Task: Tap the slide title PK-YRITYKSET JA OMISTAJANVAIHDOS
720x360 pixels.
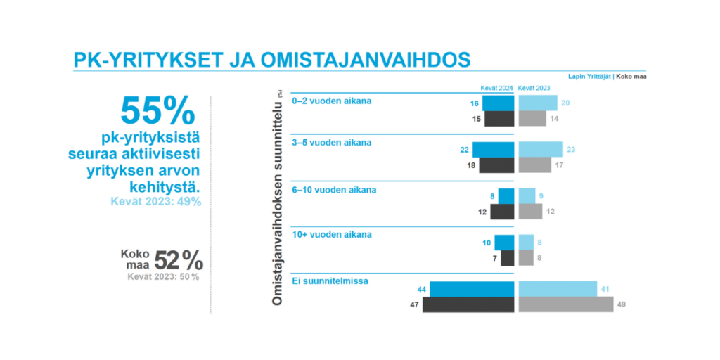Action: [271, 60]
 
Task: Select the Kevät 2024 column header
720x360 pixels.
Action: [496, 88]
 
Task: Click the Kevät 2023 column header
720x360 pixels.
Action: [534, 88]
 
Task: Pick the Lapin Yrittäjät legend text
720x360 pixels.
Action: [590, 76]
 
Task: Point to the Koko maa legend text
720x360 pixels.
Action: [631, 76]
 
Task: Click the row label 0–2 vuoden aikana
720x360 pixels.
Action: [331, 101]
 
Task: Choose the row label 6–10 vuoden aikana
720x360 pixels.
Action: [333, 191]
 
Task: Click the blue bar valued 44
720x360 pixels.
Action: [472, 289]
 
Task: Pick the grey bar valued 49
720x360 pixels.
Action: [565, 304]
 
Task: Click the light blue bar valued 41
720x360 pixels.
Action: [558, 289]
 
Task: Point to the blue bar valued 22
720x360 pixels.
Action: [494, 149]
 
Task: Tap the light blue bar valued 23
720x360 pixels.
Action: [541, 149]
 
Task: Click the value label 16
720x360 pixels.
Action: [474, 103]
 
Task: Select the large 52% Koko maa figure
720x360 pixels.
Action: [179, 261]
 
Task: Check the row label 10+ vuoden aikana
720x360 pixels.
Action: [331, 234]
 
